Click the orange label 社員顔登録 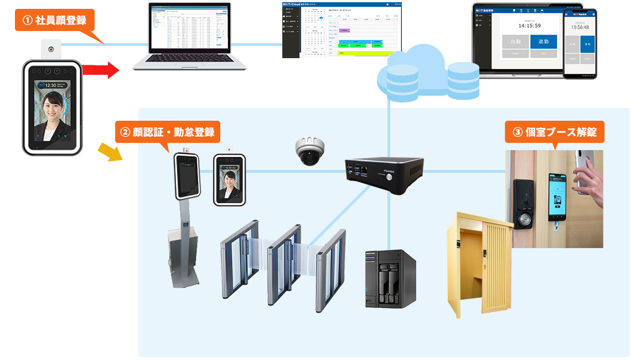point(54,20)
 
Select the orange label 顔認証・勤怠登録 point(167,132)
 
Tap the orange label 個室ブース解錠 point(555,132)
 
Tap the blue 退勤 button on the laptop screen point(543,42)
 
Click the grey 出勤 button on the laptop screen point(515,42)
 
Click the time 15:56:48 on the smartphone point(580,27)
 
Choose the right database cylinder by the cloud point(463,80)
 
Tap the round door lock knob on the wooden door point(522,220)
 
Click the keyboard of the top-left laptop point(188,59)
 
